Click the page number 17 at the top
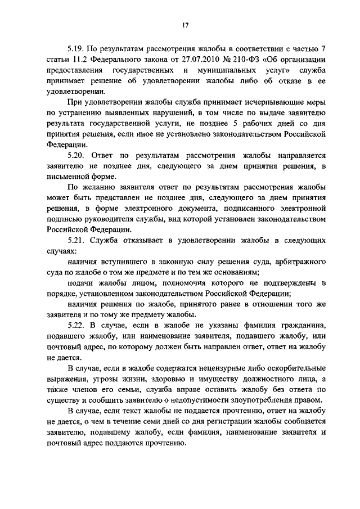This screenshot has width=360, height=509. pos(184,25)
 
